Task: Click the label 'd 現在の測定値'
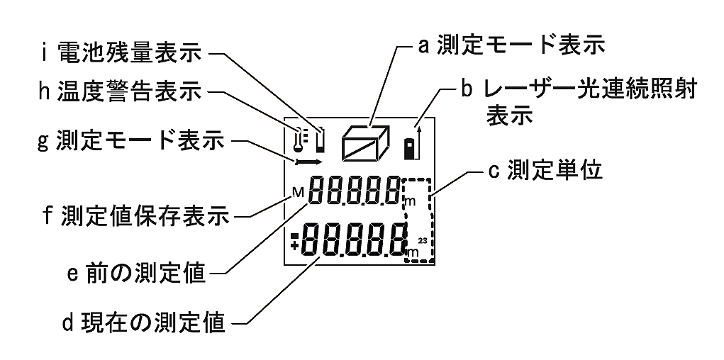tap(145, 324)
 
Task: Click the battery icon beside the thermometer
tap(321, 140)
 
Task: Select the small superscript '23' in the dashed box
tap(422, 242)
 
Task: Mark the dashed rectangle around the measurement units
tap(418, 220)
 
